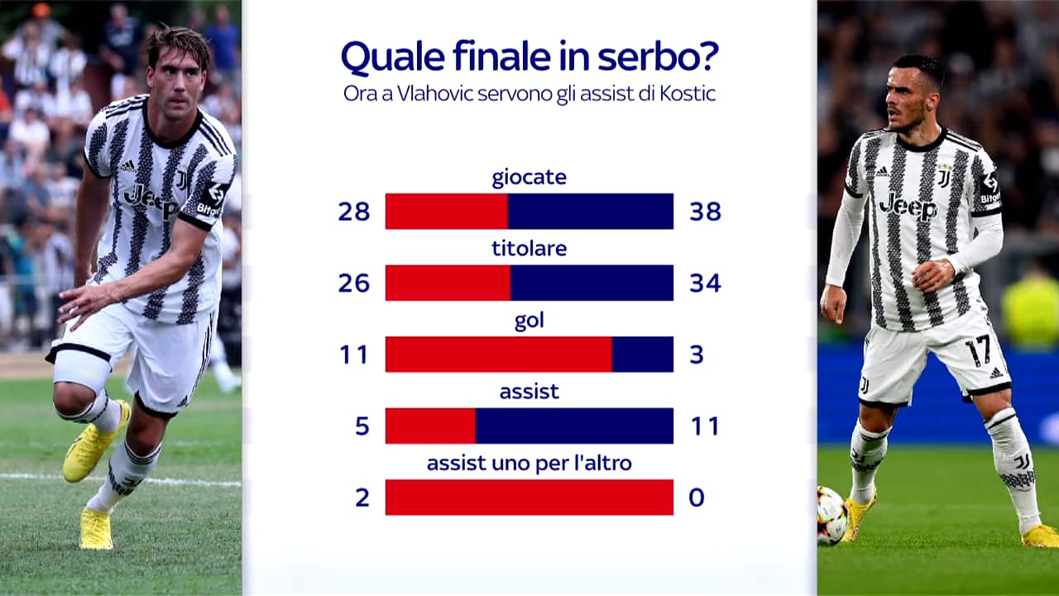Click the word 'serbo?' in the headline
[x=658, y=57]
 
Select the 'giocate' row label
[x=529, y=178]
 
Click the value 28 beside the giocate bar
[x=353, y=211]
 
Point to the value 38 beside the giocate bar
[x=706, y=211]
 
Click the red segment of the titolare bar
[x=448, y=283]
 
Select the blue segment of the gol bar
[x=643, y=354]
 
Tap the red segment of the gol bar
[x=499, y=354]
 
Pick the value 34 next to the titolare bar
[x=706, y=283]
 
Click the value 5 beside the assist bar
[x=362, y=426]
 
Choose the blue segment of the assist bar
[x=574, y=425]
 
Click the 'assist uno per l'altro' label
[x=529, y=463]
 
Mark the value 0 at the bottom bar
[x=697, y=497]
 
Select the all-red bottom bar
[x=529, y=497]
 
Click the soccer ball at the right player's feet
[x=832, y=516]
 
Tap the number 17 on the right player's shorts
[x=977, y=350]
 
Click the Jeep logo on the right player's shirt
[x=908, y=207]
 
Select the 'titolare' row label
[x=529, y=249]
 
